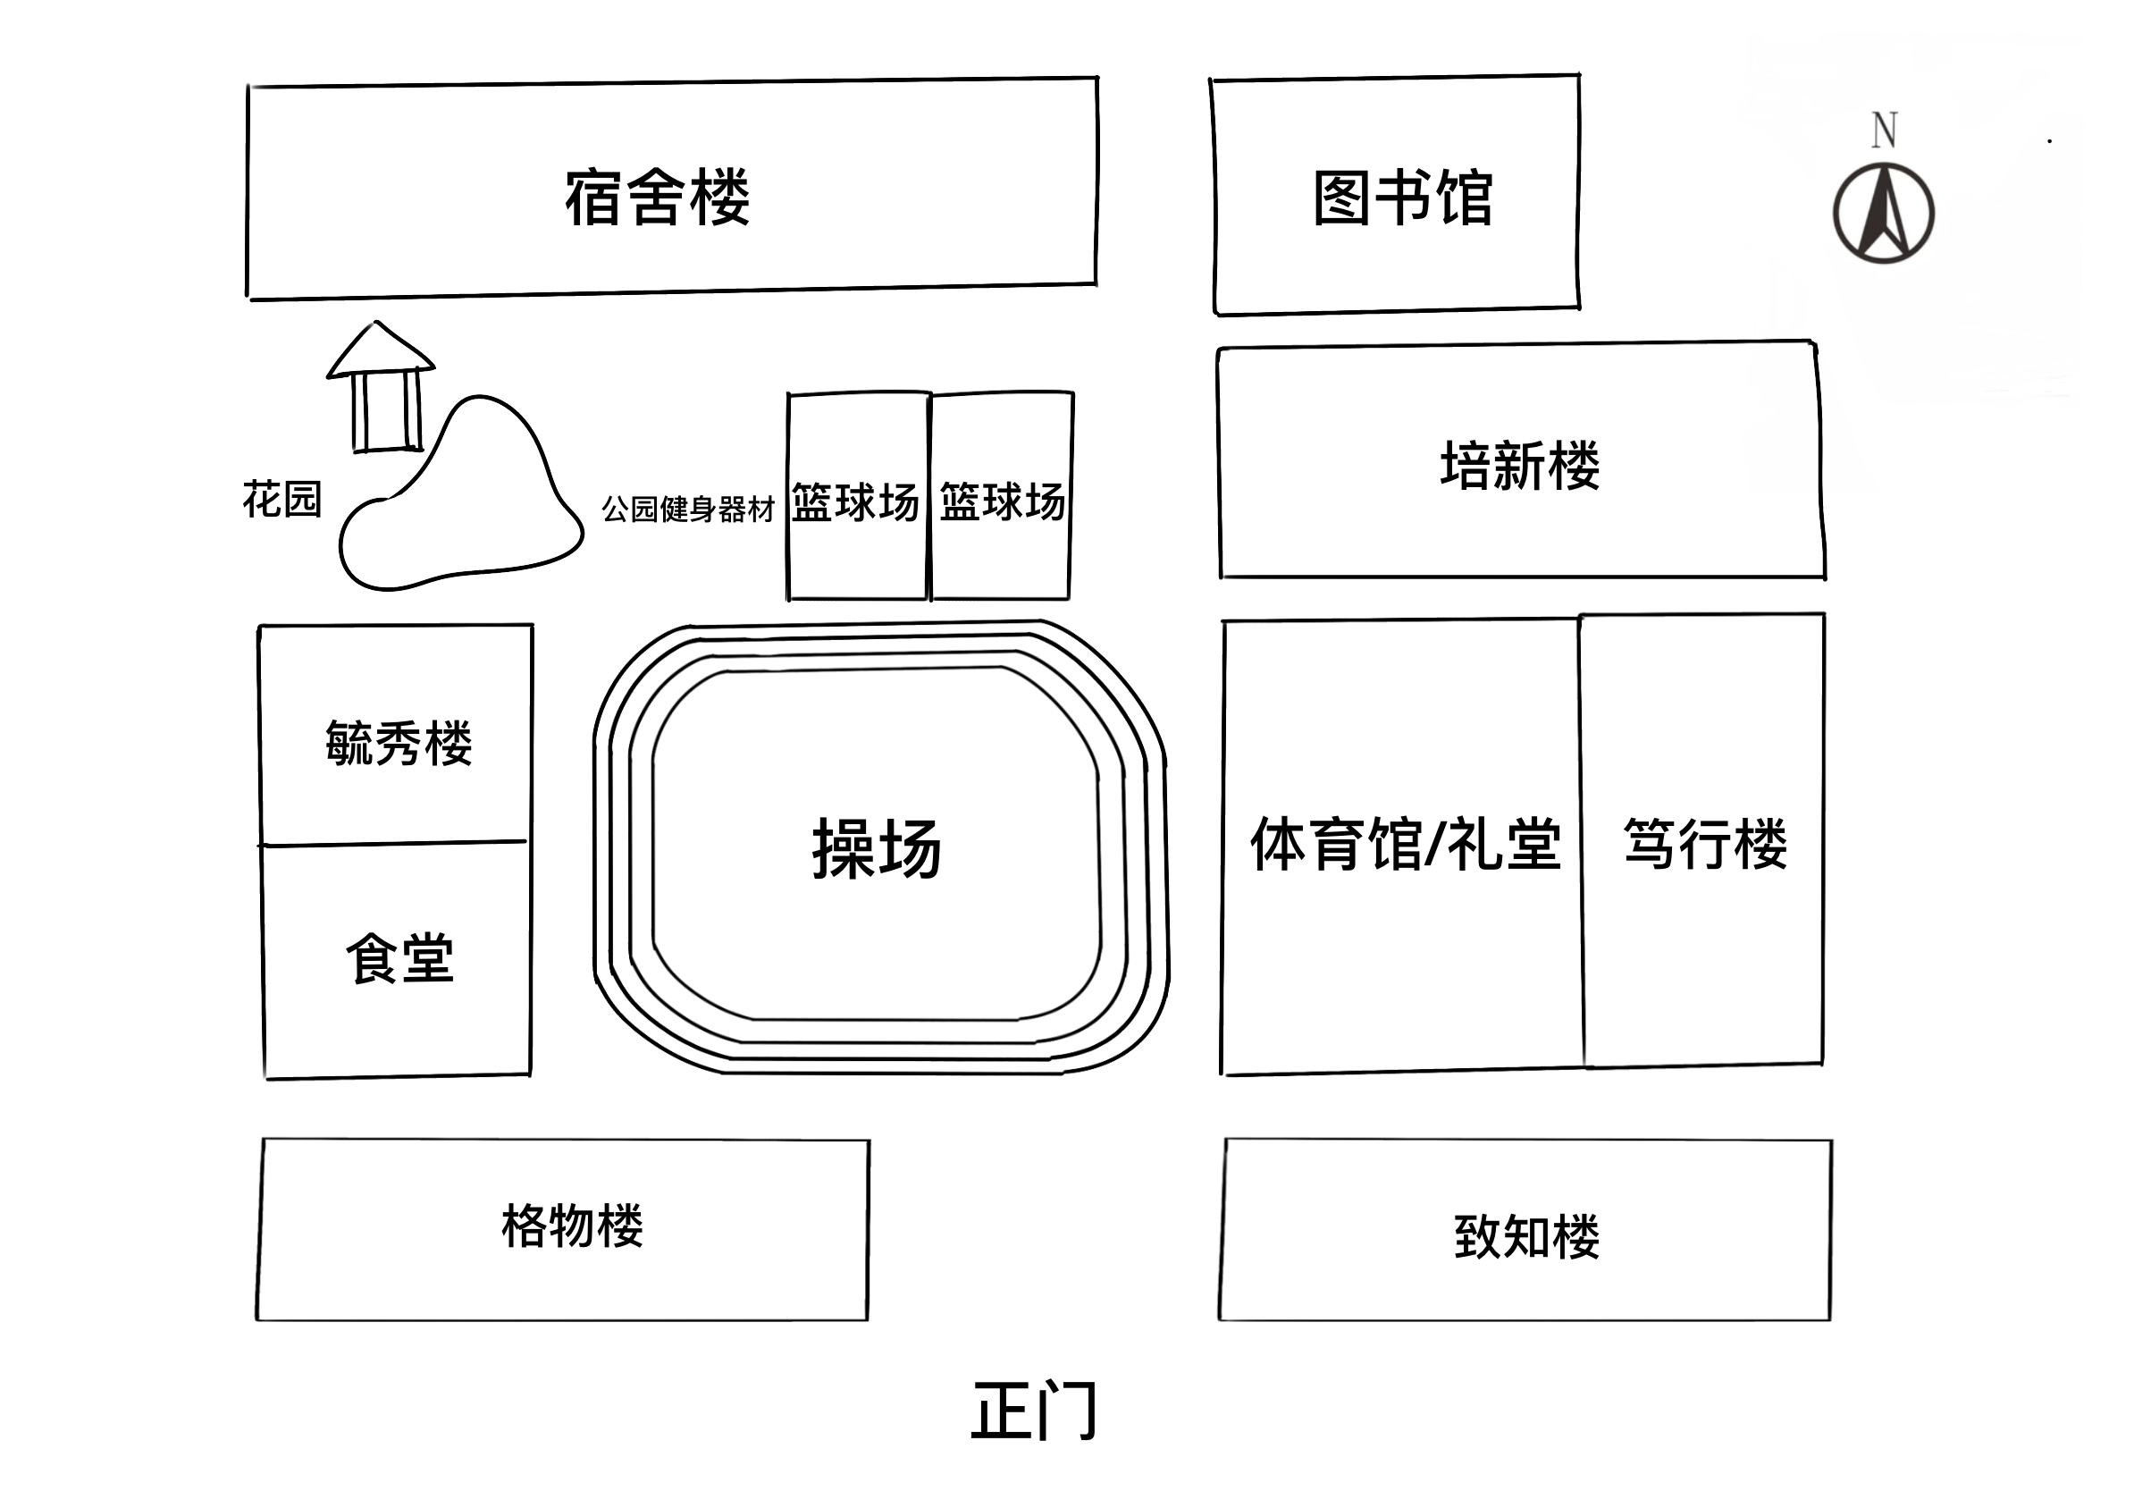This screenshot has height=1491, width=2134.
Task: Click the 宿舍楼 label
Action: tap(657, 196)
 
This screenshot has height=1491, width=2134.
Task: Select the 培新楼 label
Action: tap(1520, 465)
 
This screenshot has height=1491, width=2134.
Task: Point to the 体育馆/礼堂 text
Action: tap(1406, 843)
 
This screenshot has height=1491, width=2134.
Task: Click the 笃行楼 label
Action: tap(1706, 843)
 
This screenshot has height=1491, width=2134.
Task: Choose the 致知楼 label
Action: tap(1527, 1236)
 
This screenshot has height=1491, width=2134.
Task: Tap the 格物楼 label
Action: tap(573, 1226)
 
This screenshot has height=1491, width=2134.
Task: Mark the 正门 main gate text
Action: tap(1035, 1411)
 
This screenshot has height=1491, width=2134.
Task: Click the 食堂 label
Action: tap(399, 957)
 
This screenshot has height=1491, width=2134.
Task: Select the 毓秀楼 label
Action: tap(399, 743)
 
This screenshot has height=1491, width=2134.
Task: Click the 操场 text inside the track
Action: tap(877, 847)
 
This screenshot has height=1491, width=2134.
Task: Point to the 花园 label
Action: tap(281, 499)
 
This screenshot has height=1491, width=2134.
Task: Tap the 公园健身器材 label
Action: tap(688, 509)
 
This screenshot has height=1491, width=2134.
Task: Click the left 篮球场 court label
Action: tap(855, 502)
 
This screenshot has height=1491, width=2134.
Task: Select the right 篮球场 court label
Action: tap(1002, 502)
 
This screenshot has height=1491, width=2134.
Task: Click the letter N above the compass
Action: tap(1884, 131)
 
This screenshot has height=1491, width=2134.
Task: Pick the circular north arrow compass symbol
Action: tap(1884, 213)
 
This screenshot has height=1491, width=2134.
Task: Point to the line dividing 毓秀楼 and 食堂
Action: tap(392, 843)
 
